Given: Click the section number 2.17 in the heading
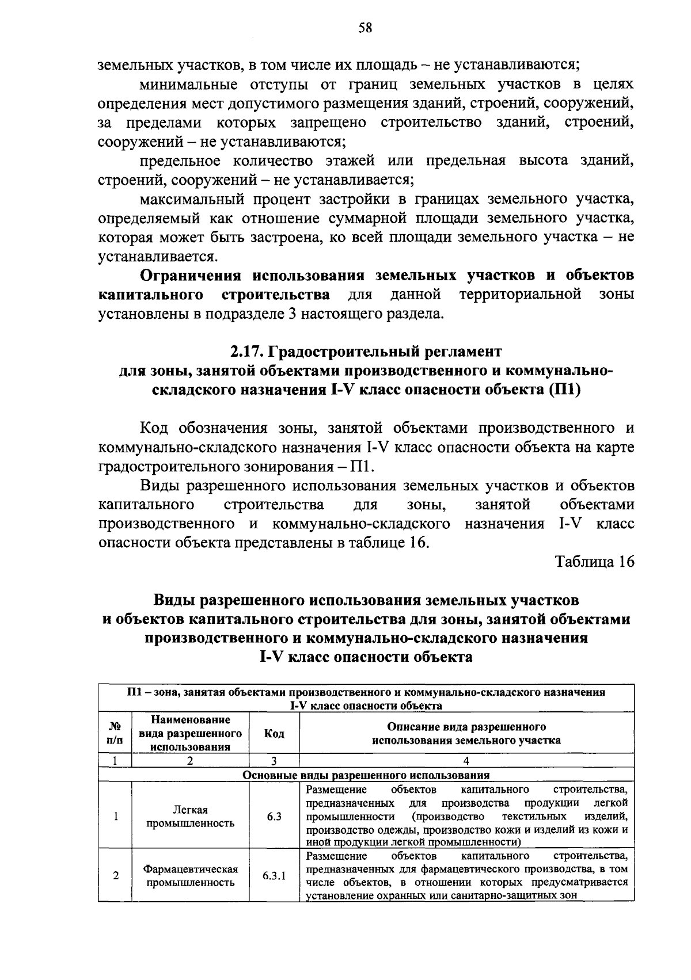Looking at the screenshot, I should coord(247,351).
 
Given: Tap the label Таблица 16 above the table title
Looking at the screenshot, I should coord(594,562).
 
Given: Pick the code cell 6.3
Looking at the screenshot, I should coord(274,816).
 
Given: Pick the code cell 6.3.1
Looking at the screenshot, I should coord(274,876).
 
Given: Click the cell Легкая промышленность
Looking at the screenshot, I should coord(191,816).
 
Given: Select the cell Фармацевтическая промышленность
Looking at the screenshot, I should coord(191,876).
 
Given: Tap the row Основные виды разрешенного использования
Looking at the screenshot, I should coord(366,775).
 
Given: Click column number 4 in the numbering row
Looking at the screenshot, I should coord(466,761).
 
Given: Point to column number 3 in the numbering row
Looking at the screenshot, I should coord(274,761).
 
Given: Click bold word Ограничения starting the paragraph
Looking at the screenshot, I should coord(192,275).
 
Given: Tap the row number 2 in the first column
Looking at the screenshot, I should coord(116,876).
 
